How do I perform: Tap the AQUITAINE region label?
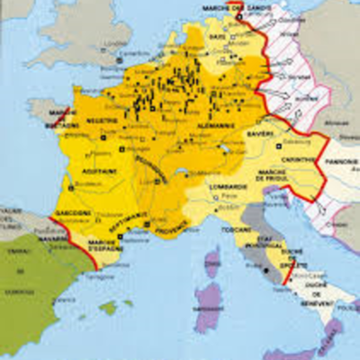pyautogui.click(x=102, y=169)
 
